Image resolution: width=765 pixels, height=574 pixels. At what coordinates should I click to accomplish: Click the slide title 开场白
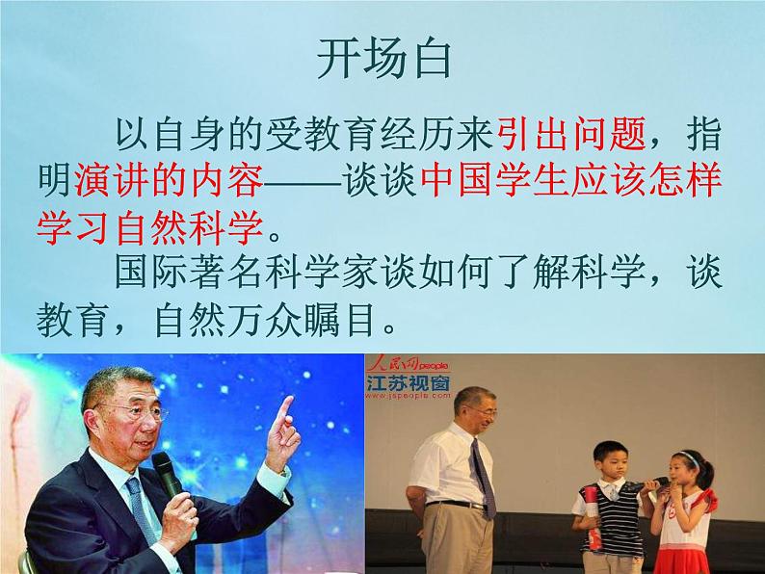382,62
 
